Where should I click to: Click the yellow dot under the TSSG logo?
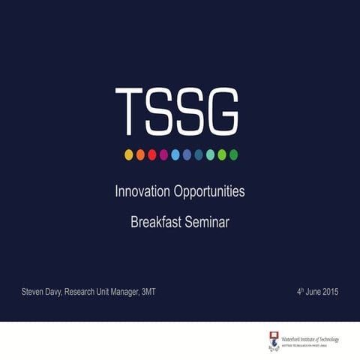(129, 154)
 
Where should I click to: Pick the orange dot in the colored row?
(140, 154)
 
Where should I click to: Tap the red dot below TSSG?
(152, 154)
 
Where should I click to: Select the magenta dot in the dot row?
(163, 154)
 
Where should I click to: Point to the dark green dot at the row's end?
(233, 154)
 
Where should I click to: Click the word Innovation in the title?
(142, 192)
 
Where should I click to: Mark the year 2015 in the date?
(329, 291)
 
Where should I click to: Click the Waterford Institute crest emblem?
(273, 340)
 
